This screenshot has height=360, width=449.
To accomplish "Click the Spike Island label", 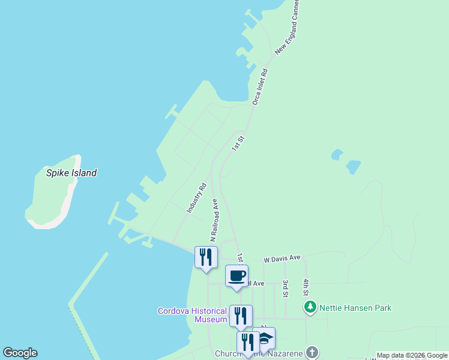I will coord(71,173).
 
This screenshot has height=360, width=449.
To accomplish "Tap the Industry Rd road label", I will coord(196,199).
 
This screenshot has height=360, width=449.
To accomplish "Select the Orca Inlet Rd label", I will coord(260,87).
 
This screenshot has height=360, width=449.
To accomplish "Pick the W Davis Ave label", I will coord(282,258).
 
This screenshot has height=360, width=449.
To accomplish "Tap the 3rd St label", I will coord(286,288).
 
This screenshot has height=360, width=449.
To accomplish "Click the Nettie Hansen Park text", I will coord(355,308).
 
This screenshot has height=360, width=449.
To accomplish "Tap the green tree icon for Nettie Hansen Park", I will coord(310,308).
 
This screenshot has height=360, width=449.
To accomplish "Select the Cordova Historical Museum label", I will coord(192,315).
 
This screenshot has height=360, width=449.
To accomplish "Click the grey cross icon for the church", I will coord(312,352).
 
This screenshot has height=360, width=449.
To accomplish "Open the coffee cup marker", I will coord(237,276).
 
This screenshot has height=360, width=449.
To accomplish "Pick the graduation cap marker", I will coord(264,338).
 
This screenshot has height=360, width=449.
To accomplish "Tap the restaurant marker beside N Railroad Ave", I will coord(206,257).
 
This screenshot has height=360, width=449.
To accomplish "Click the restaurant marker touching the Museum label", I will coord(241,316).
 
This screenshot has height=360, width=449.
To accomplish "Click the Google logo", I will coord(20,353).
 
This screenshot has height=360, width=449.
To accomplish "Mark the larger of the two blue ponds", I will coord(354,166).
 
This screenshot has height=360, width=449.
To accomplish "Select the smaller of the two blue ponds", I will coord(337,155).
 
